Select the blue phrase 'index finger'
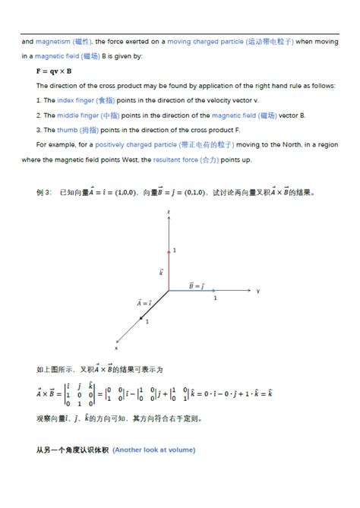click(76, 99)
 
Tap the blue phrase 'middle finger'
click(78, 115)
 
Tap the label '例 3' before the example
click(43, 193)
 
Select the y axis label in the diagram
click(258, 291)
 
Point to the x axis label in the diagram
click(115, 348)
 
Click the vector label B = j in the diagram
click(196, 285)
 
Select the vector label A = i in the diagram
click(144, 302)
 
